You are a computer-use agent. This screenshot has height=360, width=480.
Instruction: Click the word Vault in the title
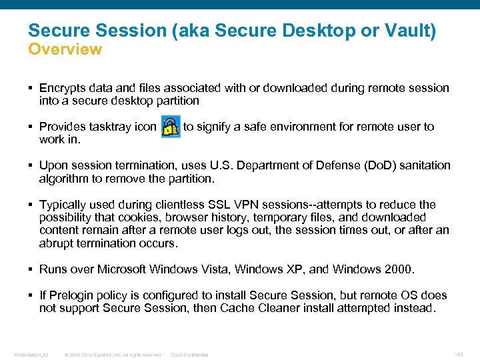411,31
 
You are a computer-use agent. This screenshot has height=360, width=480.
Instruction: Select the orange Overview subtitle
65,49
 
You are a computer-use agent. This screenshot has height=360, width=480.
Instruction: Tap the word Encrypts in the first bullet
62,88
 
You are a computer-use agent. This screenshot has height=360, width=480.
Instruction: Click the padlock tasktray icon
171,127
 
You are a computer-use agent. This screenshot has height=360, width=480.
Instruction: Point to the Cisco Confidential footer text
189,355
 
